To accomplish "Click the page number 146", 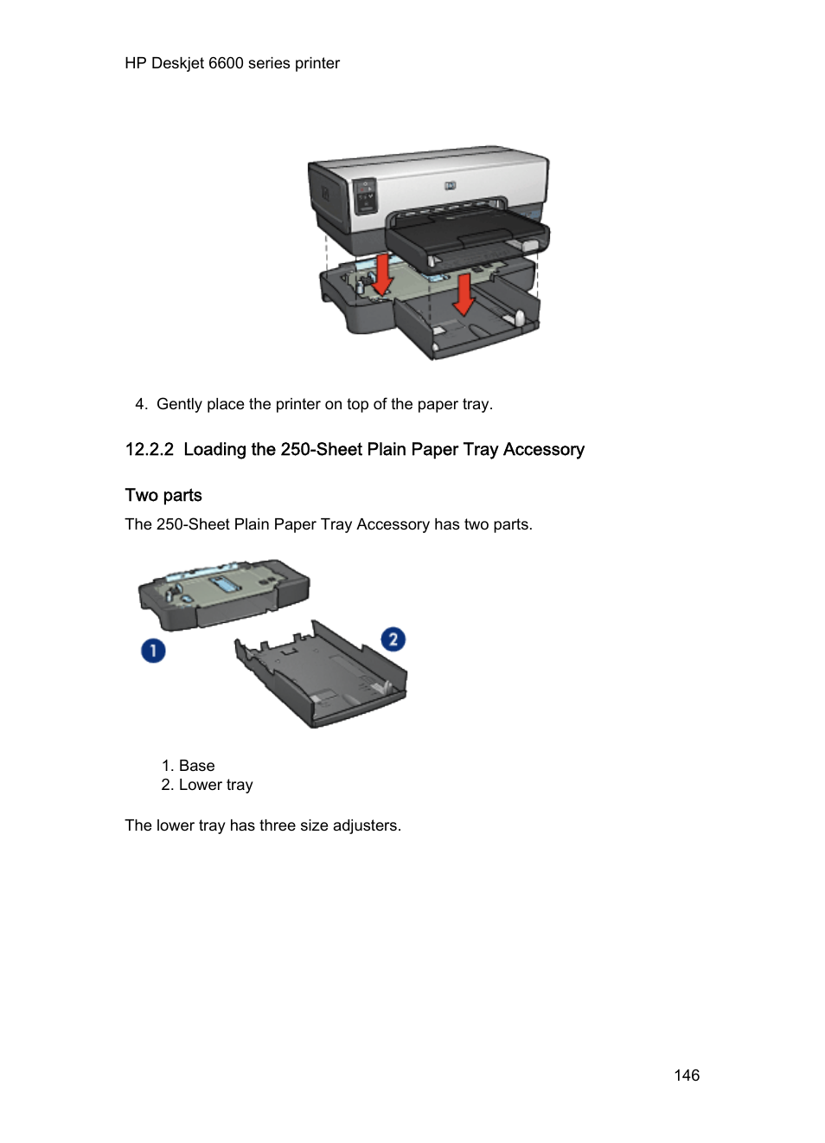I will click(687, 1076).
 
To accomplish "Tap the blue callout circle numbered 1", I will click(153, 651).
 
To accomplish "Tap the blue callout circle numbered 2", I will click(393, 639).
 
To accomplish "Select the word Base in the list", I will click(197, 766).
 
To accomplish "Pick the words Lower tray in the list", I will click(215, 785).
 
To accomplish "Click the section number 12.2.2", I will click(149, 450).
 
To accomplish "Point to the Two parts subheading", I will click(163, 496).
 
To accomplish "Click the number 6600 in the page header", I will click(226, 63).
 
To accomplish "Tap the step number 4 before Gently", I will click(140, 404).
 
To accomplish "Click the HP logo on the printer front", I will click(450, 185).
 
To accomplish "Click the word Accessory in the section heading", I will click(544, 450).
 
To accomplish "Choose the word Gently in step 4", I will click(179, 404).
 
